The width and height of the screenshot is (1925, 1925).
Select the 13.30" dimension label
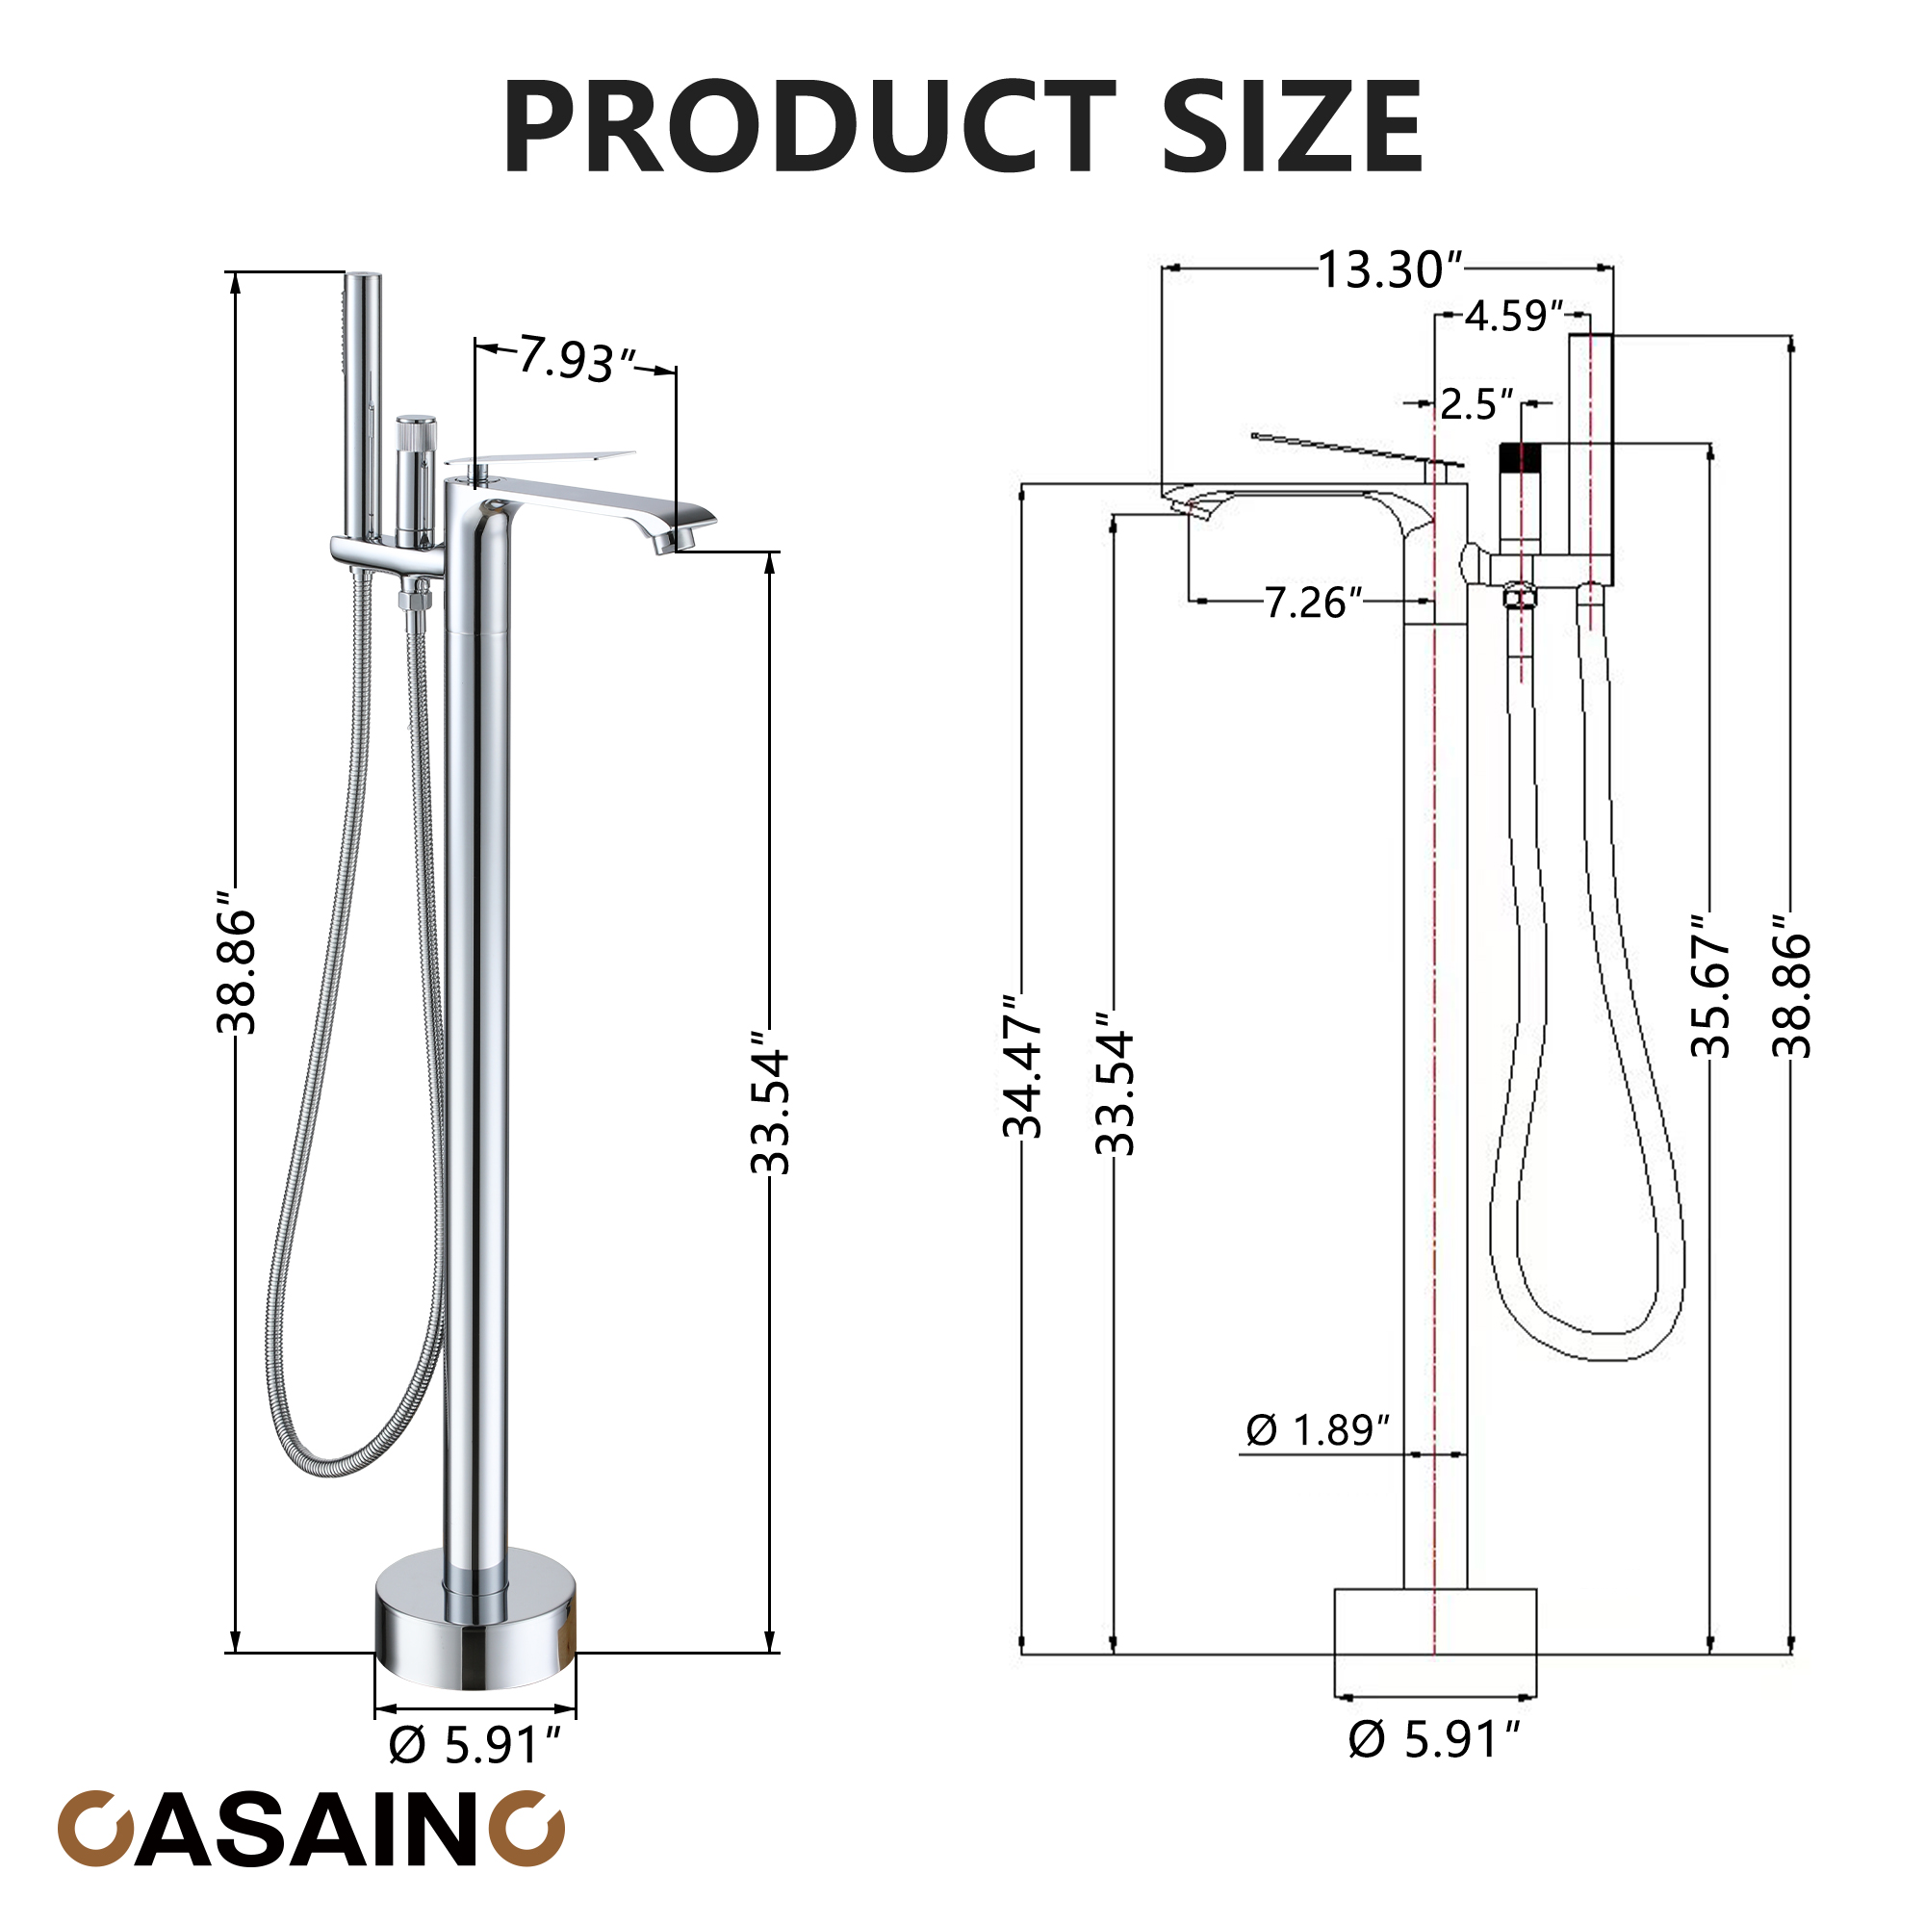click(1390, 269)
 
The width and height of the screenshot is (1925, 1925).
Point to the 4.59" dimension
click(1513, 316)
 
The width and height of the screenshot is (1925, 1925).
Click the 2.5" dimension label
click(1476, 403)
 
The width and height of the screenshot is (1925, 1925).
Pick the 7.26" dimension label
click(1313, 602)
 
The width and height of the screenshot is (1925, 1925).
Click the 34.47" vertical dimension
click(1022, 1066)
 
